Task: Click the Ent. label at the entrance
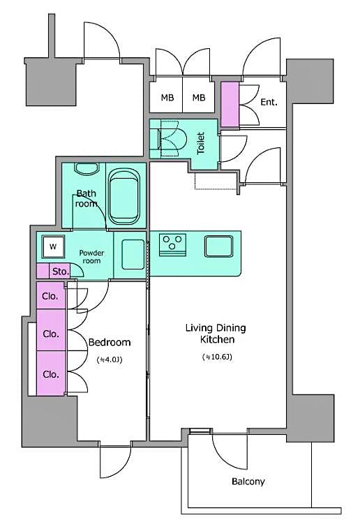coord(269,102)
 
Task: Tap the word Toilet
coord(201,144)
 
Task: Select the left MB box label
coord(167,98)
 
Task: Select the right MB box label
coord(199,98)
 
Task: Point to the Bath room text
coord(87,199)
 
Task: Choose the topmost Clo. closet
coord(50,296)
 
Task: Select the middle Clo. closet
coord(50,334)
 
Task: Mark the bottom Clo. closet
coord(50,374)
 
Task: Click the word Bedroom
coord(110,343)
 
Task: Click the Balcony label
coord(248,482)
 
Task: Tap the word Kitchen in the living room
coord(216,340)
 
